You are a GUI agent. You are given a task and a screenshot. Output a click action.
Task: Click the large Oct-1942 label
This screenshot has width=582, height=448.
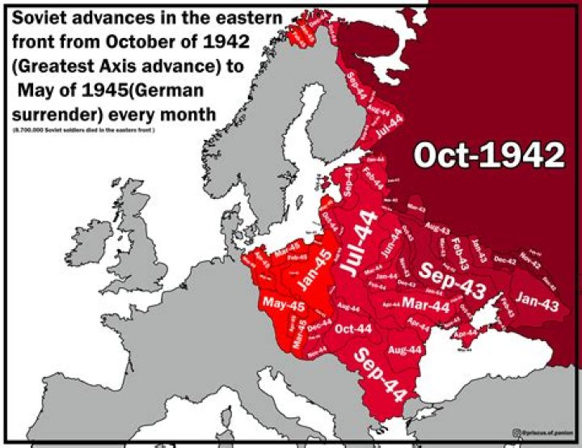coord(488,154)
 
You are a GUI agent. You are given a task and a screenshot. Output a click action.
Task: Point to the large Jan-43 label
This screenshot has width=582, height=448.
coord(537,303)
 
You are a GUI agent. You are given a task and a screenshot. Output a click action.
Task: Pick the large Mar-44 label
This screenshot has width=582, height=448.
coord(425,306)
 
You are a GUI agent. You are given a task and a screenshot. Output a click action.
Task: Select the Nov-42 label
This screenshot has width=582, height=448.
coord(529,260)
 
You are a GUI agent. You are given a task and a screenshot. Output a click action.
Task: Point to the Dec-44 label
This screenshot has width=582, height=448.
coord(320,322)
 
